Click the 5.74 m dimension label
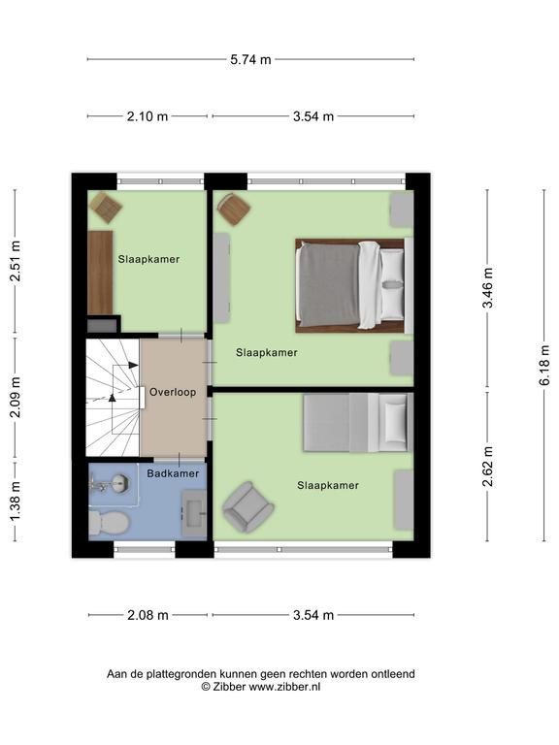[250, 59]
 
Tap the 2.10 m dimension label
[148, 116]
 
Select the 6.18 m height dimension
[544, 365]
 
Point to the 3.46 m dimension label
[488, 287]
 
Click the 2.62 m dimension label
[488, 467]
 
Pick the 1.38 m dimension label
[16, 501]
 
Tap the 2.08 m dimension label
[148, 615]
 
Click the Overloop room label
[173, 392]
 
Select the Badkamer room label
[173, 473]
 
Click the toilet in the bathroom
[109, 523]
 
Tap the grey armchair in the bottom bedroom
[247, 507]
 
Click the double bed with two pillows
[354, 285]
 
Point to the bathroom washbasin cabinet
[194, 513]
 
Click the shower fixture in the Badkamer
[109, 484]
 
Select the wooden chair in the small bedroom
[105, 208]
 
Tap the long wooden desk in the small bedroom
[100, 273]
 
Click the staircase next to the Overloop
[114, 397]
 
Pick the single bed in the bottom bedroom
[358, 422]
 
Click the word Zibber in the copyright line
[229, 687]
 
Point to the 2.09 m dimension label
[16, 397]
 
